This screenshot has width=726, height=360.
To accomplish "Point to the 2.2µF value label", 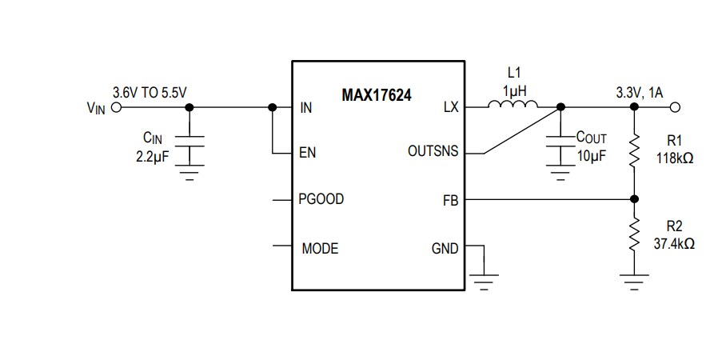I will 153,155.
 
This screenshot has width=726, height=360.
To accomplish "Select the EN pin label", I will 308,153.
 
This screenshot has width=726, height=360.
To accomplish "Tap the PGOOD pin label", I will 321,199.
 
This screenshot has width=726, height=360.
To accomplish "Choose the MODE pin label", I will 320,249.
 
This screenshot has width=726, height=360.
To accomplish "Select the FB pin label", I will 450,200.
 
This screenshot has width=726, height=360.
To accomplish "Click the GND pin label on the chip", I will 445,249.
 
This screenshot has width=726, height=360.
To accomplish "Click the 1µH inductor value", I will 514,91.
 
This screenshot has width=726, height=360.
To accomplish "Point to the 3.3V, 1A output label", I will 639,93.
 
